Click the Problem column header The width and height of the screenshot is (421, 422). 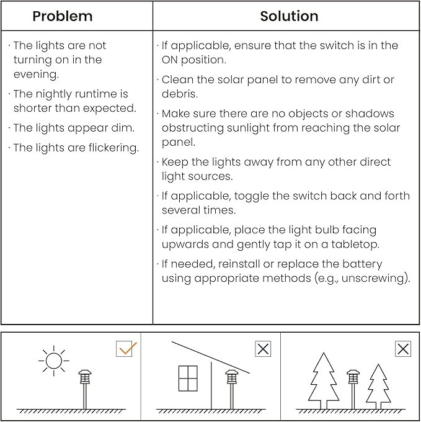tap(62, 16)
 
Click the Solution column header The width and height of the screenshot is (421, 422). tap(289, 16)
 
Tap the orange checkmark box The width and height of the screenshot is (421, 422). tap(126, 349)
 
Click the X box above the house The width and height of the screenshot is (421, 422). tap(263, 349)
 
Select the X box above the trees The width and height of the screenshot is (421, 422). tap(403, 349)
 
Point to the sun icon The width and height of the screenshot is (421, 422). tap(53, 360)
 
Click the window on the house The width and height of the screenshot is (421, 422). tap(188, 379)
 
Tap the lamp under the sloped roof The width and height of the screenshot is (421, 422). tap(232, 377)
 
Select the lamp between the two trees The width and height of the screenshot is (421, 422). tap(353, 377)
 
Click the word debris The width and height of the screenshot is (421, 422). tap(180, 94)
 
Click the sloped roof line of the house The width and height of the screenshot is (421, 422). tap(211, 357)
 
